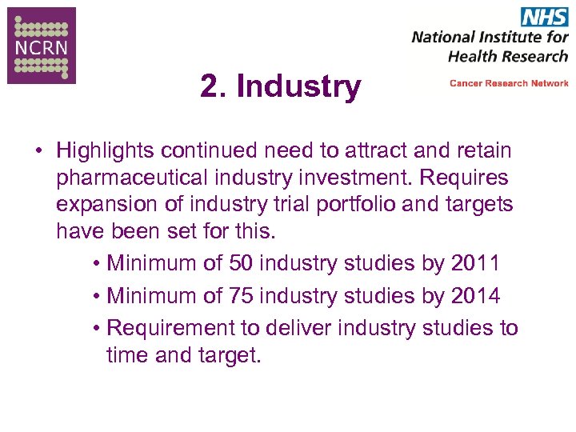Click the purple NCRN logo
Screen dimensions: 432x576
42,45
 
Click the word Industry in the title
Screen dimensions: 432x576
299,86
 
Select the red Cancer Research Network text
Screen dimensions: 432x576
509,83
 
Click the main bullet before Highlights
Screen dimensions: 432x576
38,151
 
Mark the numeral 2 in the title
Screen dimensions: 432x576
210,86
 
